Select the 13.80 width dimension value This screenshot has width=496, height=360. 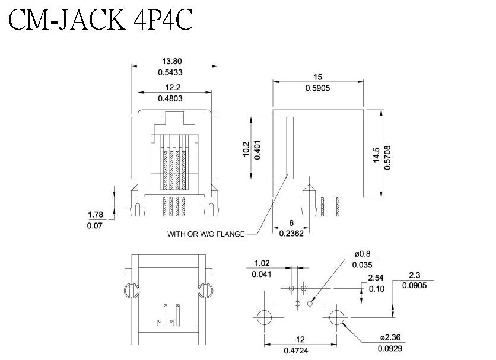coord(172,61)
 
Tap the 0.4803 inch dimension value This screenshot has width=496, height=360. coord(170,98)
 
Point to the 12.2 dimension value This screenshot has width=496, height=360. coord(173,87)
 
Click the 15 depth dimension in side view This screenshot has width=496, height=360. coord(317,77)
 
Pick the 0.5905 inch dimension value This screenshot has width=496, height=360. coord(317,88)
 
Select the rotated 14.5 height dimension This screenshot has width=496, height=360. coord(376,155)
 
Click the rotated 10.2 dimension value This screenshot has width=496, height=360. coord(246,149)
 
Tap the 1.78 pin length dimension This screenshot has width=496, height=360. coord(96,215)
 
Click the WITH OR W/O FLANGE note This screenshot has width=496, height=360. coord(206,234)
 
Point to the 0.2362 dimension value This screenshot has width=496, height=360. coord(291,234)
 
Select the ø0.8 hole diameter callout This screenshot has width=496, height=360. coord(363,254)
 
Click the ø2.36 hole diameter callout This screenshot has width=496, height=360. coord(390,337)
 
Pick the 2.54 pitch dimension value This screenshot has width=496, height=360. coord(376,278)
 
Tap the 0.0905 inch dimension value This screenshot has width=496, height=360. coord(414,285)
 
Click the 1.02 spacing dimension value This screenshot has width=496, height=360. coord(262,263)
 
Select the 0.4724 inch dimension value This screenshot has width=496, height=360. coord(296,351)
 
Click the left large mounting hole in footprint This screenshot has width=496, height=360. coord(265,317)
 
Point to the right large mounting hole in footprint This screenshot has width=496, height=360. coord(337,317)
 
